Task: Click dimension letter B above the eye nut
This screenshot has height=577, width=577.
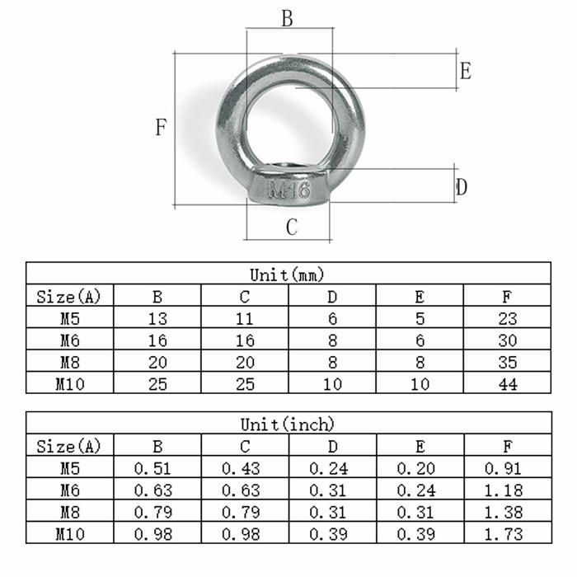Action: (287, 19)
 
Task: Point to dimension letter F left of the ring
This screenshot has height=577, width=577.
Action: (162, 128)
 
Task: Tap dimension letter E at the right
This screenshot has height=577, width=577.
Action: (465, 71)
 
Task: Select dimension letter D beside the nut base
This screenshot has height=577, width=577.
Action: (462, 187)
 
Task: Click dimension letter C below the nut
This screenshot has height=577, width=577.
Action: (291, 228)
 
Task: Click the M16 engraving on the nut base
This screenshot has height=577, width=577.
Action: (289, 190)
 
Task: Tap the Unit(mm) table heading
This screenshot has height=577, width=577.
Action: (288, 274)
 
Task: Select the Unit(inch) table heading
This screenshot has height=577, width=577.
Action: (288, 425)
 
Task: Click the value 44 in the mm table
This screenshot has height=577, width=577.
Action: (508, 383)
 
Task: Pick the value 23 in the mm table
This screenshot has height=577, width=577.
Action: (508, 319)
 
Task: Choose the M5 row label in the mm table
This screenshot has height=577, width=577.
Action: (69, 319)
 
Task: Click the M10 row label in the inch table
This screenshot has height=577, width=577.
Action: (69, 533)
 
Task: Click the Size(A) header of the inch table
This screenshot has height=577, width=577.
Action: (69, 447)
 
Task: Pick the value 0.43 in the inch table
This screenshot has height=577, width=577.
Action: (244, 469)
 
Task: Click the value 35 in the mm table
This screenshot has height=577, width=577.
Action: (508, 362)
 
